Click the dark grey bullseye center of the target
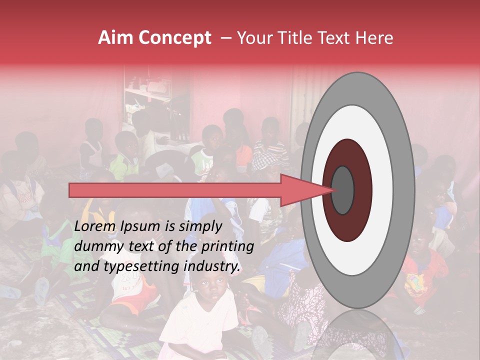click(x=342, y=190)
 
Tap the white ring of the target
click(x=382, y=190)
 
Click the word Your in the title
click(x=253, y=38)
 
